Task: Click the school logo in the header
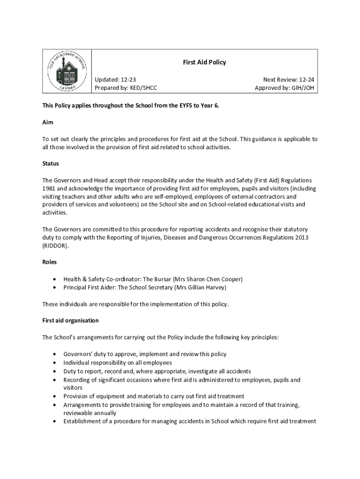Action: coord(67,72)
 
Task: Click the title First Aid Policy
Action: coord(204,62)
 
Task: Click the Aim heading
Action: coord(48,122)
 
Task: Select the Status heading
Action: coord(50,164)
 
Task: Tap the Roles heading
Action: coord(50,262)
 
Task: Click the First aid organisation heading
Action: coord(71,320)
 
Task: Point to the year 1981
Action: coord(49,189)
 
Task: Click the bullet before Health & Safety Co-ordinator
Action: coord(56,279)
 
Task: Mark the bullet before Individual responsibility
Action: coord(56,363)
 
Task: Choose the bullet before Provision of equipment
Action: coord(56,396)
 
